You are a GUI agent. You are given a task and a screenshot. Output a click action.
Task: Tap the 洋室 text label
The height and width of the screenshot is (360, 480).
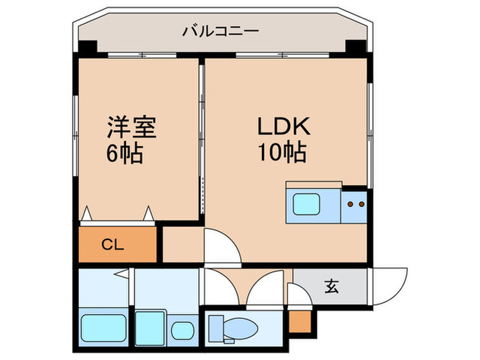tap(131, 129)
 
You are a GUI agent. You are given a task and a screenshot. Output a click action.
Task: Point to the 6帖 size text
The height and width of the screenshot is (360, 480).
tap(124, 154)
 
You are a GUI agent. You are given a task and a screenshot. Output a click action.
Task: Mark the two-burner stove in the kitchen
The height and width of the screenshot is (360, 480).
tap(355, 204)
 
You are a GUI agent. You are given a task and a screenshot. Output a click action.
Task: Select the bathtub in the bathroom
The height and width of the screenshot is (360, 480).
tap(104, 328)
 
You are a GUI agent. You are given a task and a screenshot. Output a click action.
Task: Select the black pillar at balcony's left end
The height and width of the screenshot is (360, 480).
tap(86, 49)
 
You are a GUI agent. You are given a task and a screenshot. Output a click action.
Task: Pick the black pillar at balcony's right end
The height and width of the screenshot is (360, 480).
tap(355, 49)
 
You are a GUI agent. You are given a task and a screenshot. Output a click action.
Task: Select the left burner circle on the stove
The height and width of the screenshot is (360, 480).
tap(350, 204)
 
